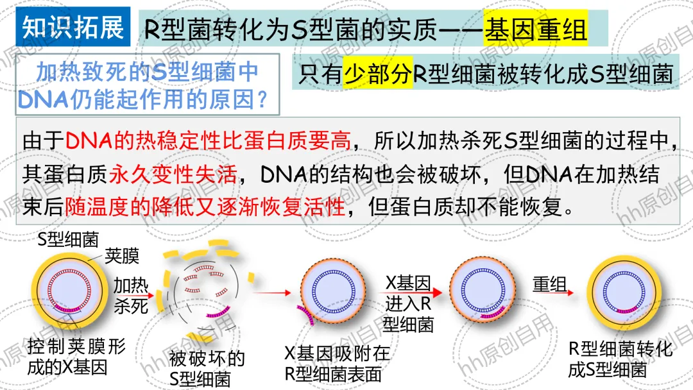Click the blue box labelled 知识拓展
point(73,28)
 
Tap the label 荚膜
point(126,257)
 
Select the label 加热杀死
point(131,294)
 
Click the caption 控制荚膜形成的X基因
point(76,357)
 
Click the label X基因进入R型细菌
point(408,303)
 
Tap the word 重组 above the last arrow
point(549,284)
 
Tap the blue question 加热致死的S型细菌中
point(147,72)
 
